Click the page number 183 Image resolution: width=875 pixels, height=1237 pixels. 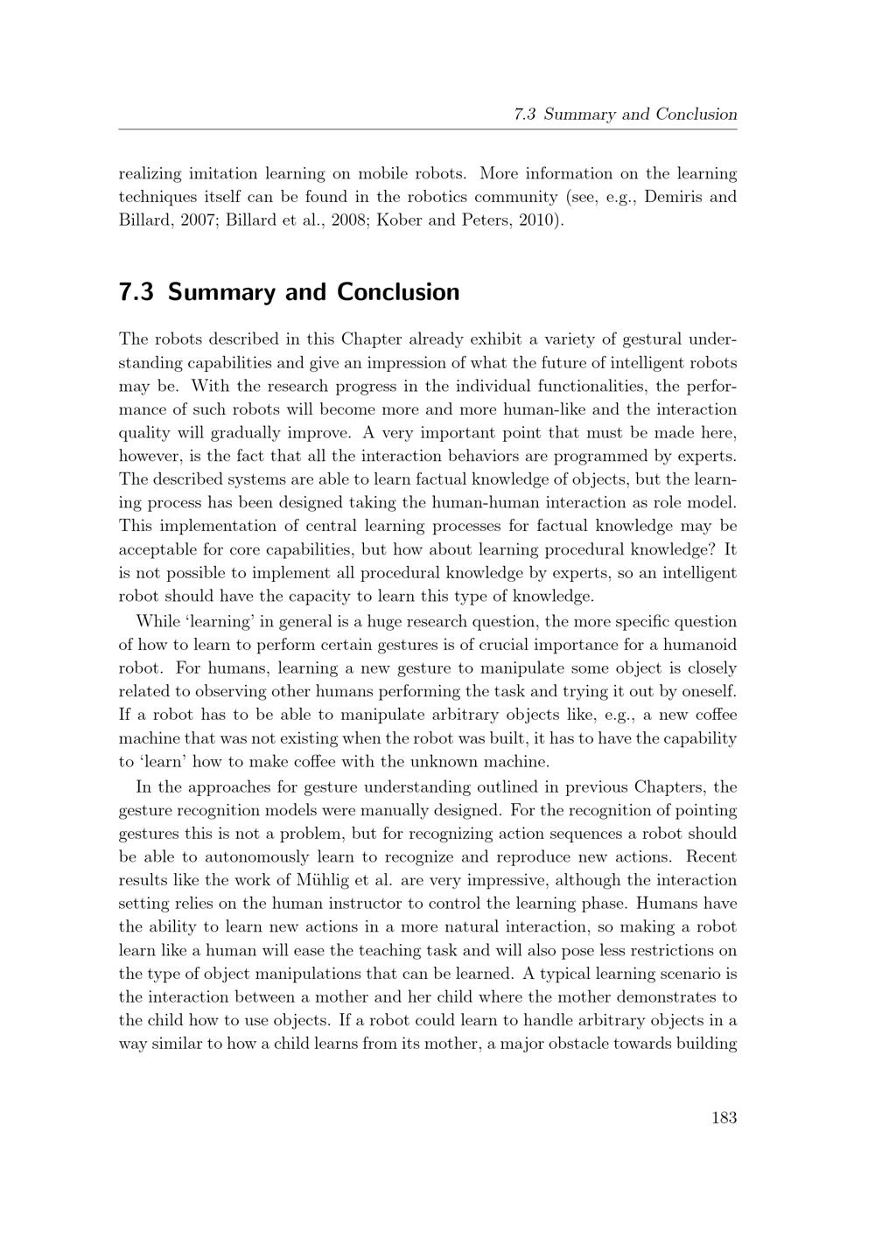[x=724, y=1117]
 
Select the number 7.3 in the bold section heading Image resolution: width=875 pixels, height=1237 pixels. [x=136, y=292]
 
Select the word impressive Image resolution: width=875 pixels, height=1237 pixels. [x=503, y=881]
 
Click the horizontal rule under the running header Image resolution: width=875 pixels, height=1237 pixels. [x=428, y=129]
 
